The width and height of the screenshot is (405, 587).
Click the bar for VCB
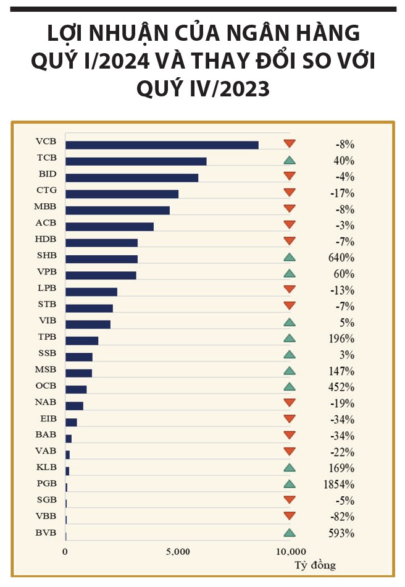(162, 145)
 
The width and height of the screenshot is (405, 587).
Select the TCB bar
(136, 161)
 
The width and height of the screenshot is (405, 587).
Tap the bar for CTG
(122, 194)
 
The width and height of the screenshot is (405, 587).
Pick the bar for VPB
(101, 275)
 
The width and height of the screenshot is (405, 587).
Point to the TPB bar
(81, 340)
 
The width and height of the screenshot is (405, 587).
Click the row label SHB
(47, 255)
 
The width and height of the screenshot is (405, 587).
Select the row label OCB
(47, 386)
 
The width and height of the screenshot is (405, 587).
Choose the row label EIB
(47, 418)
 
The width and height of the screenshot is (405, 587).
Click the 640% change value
(342, 258)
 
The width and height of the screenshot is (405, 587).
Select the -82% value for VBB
(343, 517)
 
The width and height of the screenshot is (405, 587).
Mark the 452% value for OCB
(342, 387)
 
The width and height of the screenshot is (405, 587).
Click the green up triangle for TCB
(289, 161)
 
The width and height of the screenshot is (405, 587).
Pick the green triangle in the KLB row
(289, 468)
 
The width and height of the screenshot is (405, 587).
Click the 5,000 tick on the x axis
(177, 551)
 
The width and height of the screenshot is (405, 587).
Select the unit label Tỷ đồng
(315, 565)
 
